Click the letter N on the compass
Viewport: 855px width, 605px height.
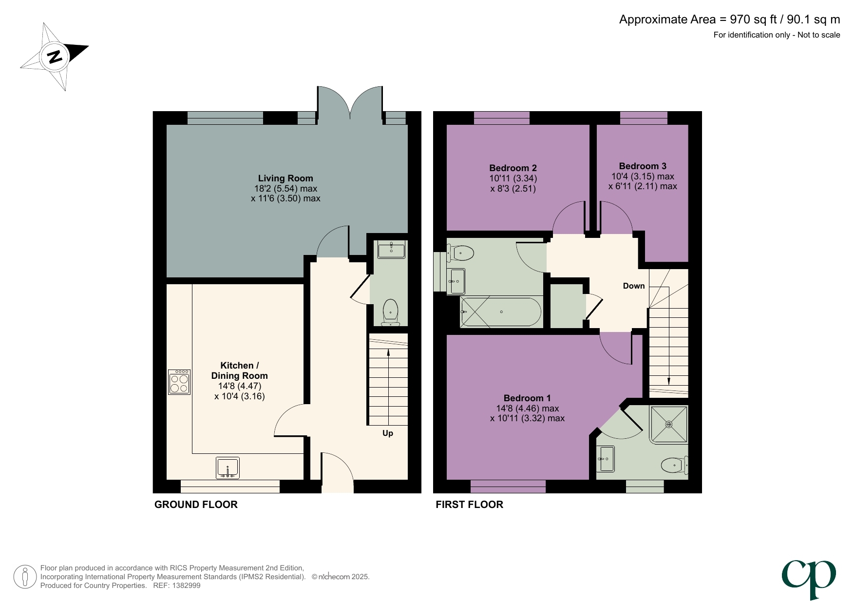(x=55, y=57)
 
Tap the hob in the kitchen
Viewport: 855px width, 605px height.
(x=179, y=382)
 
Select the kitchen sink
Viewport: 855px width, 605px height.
(x=228, y=468)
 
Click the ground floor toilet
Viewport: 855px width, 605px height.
(x=391, y=312)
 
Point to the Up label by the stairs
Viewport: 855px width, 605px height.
(x=388, y=433)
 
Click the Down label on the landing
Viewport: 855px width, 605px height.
(x=634, y=286)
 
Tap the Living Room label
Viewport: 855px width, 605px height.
(x=285, y=178)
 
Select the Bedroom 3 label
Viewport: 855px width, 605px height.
(x=643, y=166)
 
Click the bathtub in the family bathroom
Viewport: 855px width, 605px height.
(x=500, y=312)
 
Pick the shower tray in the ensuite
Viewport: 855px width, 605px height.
(x=669, y=424)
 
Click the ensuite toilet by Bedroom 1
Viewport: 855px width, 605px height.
(x=674, y=465)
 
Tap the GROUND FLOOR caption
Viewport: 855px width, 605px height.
(x=196, y=505)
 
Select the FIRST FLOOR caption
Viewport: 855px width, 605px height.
(x=469, y=505)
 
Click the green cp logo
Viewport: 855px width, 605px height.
(x=809, y=578)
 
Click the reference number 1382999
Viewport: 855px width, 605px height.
(x=184, y=585)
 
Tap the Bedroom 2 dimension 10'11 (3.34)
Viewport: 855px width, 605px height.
(x=513, y=178)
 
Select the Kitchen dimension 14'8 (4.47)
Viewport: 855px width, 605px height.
(x=240, y=386)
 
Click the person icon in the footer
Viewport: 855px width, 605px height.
(x=25, y=577)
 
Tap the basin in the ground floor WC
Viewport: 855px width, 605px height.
(x=391, y=250)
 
